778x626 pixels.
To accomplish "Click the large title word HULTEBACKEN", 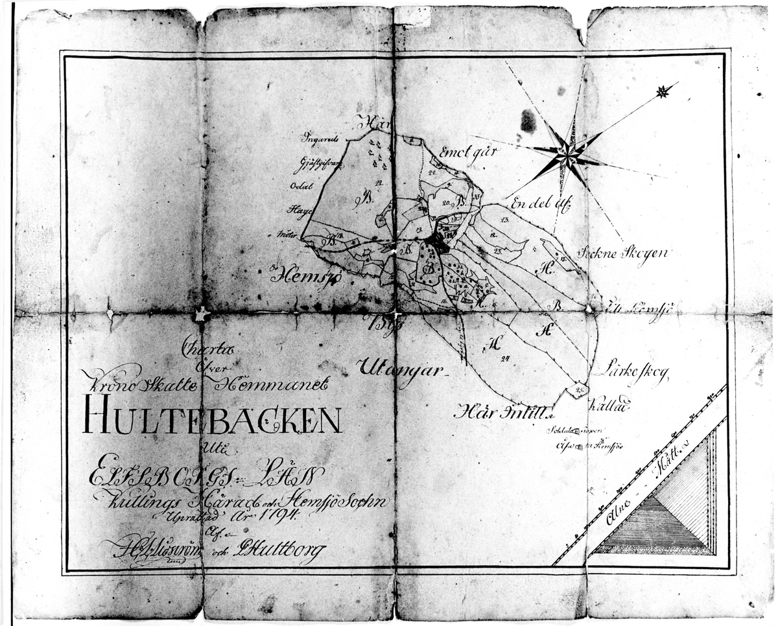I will click(x=212, y=419).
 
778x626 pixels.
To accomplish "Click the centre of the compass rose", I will click(x=568, y=156).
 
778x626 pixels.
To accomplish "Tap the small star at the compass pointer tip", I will click(x=662, y=92).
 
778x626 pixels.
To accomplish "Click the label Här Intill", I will click(x=503, y=410).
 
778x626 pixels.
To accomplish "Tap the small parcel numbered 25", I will click(x=578, y=389).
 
